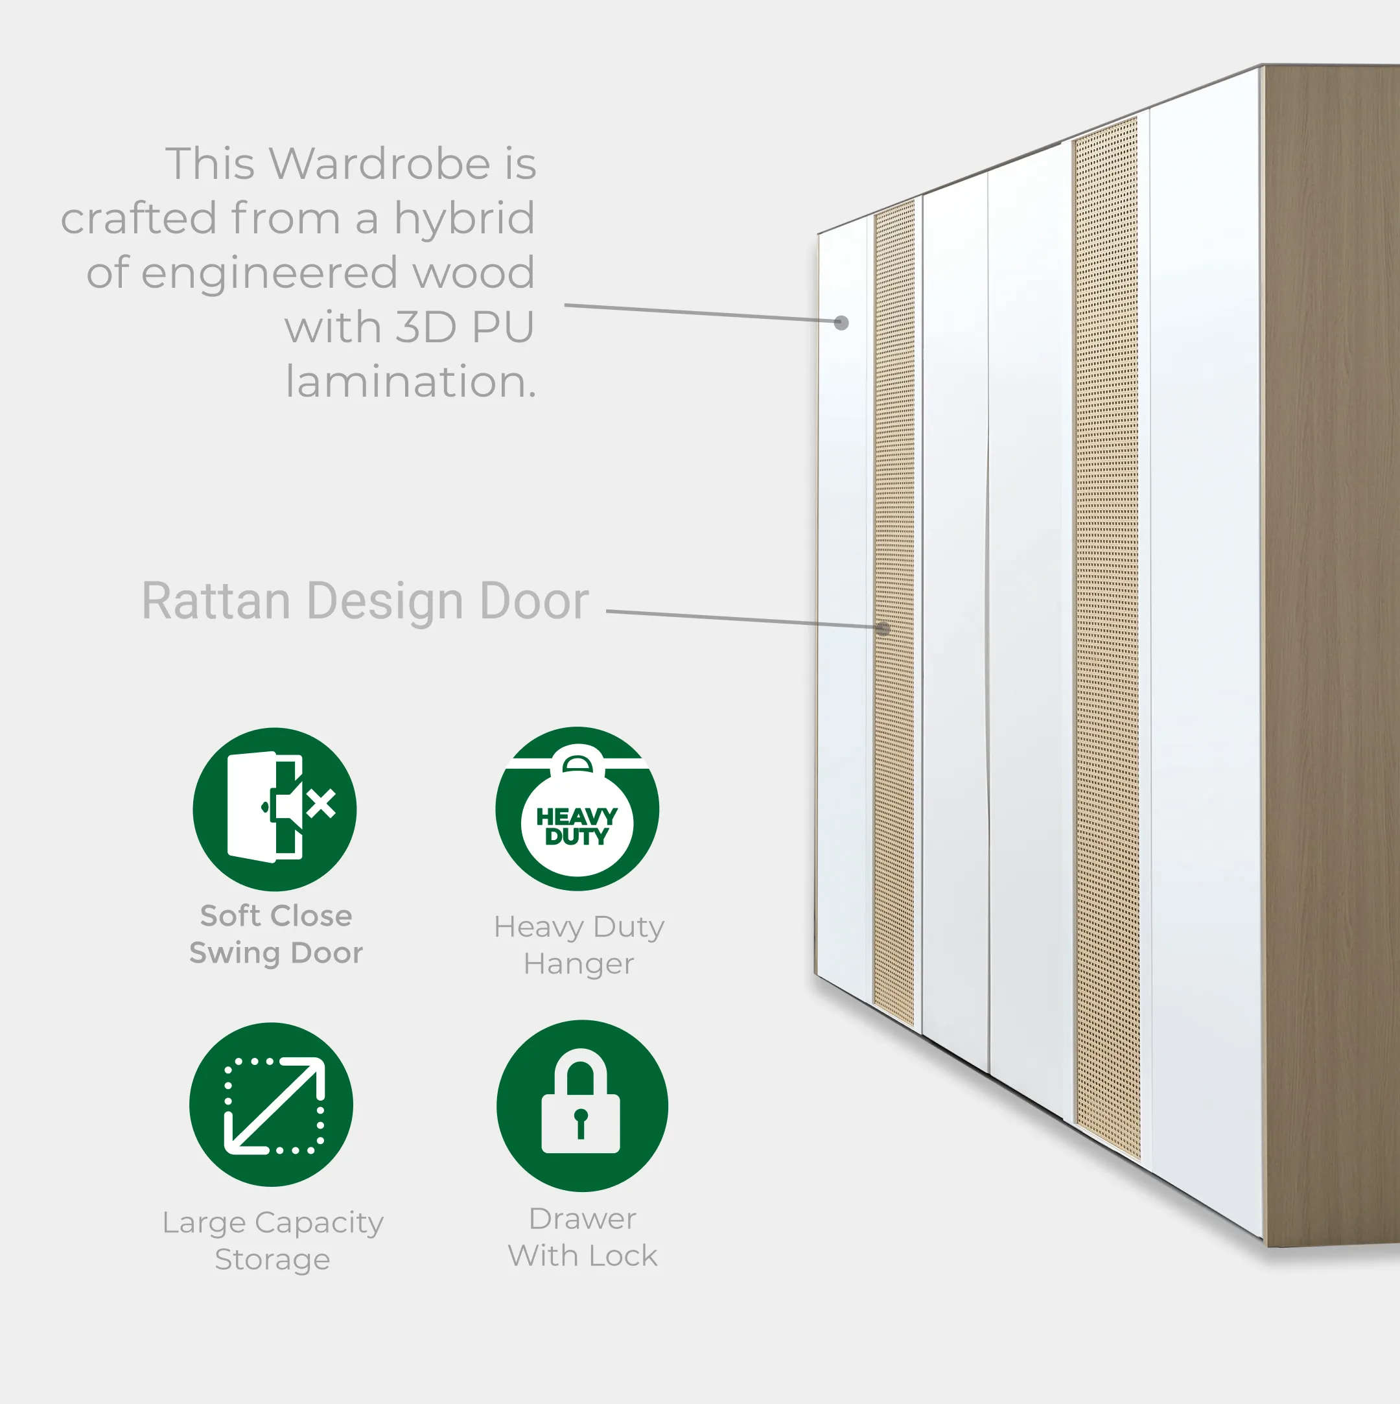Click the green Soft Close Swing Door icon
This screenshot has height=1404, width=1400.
(275, 809)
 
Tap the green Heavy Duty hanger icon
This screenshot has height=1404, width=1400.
(577, 808)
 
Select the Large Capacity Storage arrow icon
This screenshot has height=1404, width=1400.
(271, 1105)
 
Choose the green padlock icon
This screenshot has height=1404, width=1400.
(582, 1106)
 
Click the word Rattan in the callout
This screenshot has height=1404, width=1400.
(216, 601)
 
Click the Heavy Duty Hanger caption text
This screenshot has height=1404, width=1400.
(579, 946)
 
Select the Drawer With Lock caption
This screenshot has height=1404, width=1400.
(583, 1237)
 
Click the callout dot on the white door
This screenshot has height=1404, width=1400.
(841, 323)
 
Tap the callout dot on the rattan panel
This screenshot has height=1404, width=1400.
(883, 629)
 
